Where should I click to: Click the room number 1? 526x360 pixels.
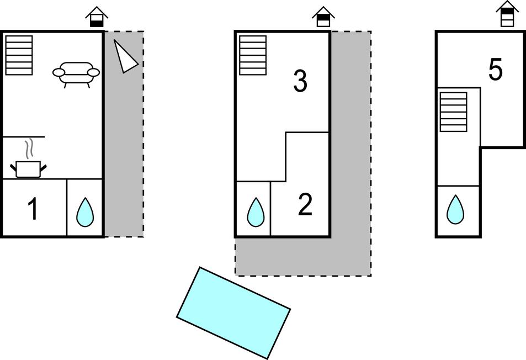click(33, 209)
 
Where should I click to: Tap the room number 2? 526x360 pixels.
click(305, 205)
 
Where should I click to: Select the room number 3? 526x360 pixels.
click(300, 82)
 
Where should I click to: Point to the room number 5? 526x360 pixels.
click(495, 70)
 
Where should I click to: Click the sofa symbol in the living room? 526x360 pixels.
click(76, 73)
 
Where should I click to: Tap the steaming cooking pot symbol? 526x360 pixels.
click(28, 168)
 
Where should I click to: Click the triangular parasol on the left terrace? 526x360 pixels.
click(125, 56)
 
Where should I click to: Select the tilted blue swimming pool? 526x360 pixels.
click(233, 313)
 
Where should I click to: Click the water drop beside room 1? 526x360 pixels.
click(85, 212)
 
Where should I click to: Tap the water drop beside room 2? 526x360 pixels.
click(255, 212)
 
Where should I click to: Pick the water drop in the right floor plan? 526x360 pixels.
click(455, 210)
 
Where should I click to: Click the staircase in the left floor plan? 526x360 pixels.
click(19, 55)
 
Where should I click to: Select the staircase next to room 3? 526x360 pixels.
click(253, 55)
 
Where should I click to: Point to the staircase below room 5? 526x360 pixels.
click(453, 112)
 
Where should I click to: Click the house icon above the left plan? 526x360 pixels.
click(97, 17)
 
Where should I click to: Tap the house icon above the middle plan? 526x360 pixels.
click(323, 17)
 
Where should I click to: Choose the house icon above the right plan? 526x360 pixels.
click(507, 14)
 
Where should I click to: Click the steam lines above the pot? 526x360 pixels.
click(31, 149)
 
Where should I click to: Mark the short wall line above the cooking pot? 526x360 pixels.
click(24, 136)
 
